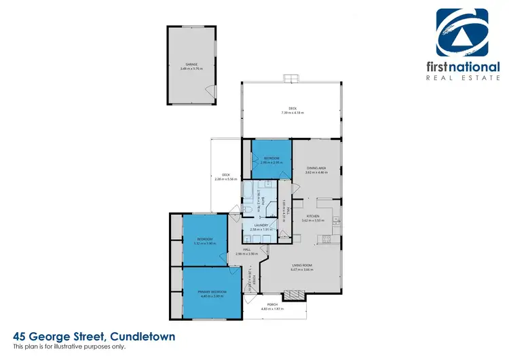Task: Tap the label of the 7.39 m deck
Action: (293, 109)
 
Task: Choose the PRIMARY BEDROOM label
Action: (212, 293)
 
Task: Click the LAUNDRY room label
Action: (261, 228)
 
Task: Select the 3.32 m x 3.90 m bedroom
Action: (206, 240)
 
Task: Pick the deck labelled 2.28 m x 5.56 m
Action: (226, 177)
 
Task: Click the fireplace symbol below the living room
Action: (295, 295)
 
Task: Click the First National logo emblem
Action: (461, 34)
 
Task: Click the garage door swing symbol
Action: (212, 92)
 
